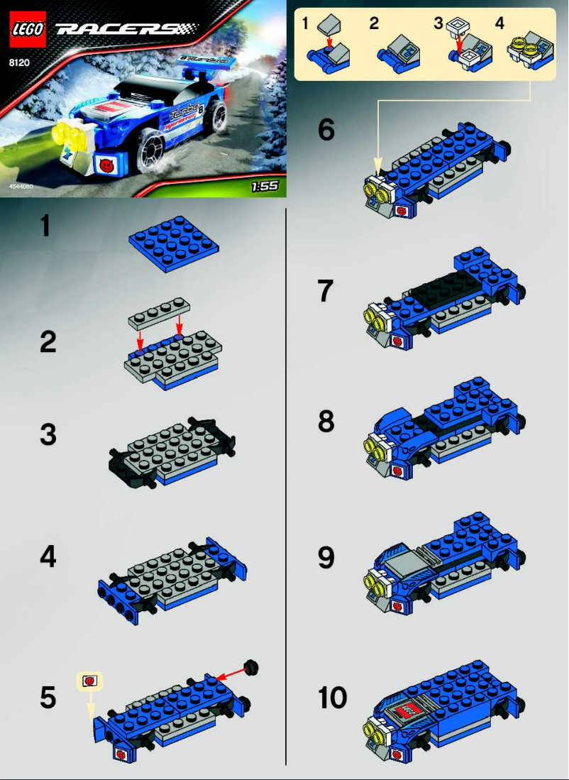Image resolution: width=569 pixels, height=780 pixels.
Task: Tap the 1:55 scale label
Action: [x=264, y=187]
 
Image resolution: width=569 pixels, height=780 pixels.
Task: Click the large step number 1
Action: [x=45, y=226]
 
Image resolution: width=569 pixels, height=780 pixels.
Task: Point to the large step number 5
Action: [x=48, y=697]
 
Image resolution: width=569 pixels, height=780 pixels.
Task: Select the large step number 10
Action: [x=333, y=697]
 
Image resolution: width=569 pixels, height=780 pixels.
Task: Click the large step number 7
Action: [x=325, y=291]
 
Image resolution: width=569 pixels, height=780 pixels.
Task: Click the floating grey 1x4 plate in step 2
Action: [x=160, y=312]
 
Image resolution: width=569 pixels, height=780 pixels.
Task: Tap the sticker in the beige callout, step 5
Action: [x=89, y=681]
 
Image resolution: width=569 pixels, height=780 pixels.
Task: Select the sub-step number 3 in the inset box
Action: [x=439, y=23]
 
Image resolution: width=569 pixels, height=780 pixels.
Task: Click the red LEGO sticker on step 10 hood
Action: [x=410, y=710]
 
